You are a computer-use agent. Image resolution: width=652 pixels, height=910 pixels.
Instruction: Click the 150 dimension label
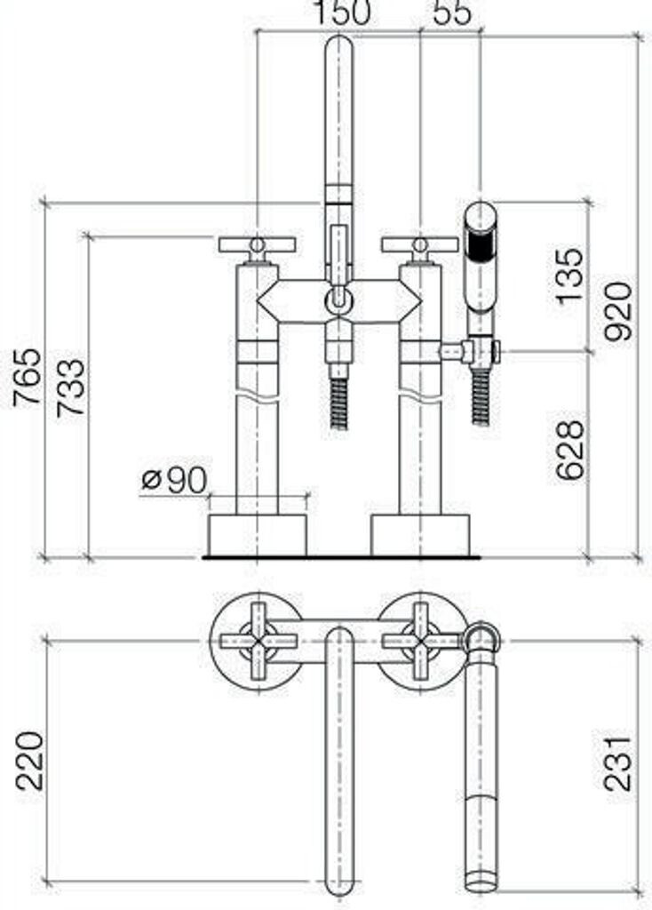[x=341, y=12]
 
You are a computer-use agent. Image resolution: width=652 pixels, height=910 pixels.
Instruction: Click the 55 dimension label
[x=452, y=12]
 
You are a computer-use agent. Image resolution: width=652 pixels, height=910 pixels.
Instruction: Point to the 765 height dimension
[x=28, y=377]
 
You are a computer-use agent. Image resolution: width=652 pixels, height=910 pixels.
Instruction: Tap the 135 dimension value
[x=569, y=275]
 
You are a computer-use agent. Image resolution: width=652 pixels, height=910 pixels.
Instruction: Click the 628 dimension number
[x=569, y=449]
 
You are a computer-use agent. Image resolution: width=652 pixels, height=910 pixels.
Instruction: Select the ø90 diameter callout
[x=175, y=480]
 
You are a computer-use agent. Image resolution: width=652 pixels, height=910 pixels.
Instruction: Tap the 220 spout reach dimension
[x=29, y=761]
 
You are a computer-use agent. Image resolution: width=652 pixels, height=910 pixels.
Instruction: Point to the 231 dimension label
[x=617, y=763]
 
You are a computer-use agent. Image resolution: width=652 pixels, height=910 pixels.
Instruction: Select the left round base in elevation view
[x=258, y=534]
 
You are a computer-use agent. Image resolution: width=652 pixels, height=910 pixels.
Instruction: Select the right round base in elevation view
[x=420, y=534]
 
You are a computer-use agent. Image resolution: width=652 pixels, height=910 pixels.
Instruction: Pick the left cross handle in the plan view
[x=258, y=641]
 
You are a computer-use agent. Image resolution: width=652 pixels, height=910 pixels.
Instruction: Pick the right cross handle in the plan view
[x=420, y=641]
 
